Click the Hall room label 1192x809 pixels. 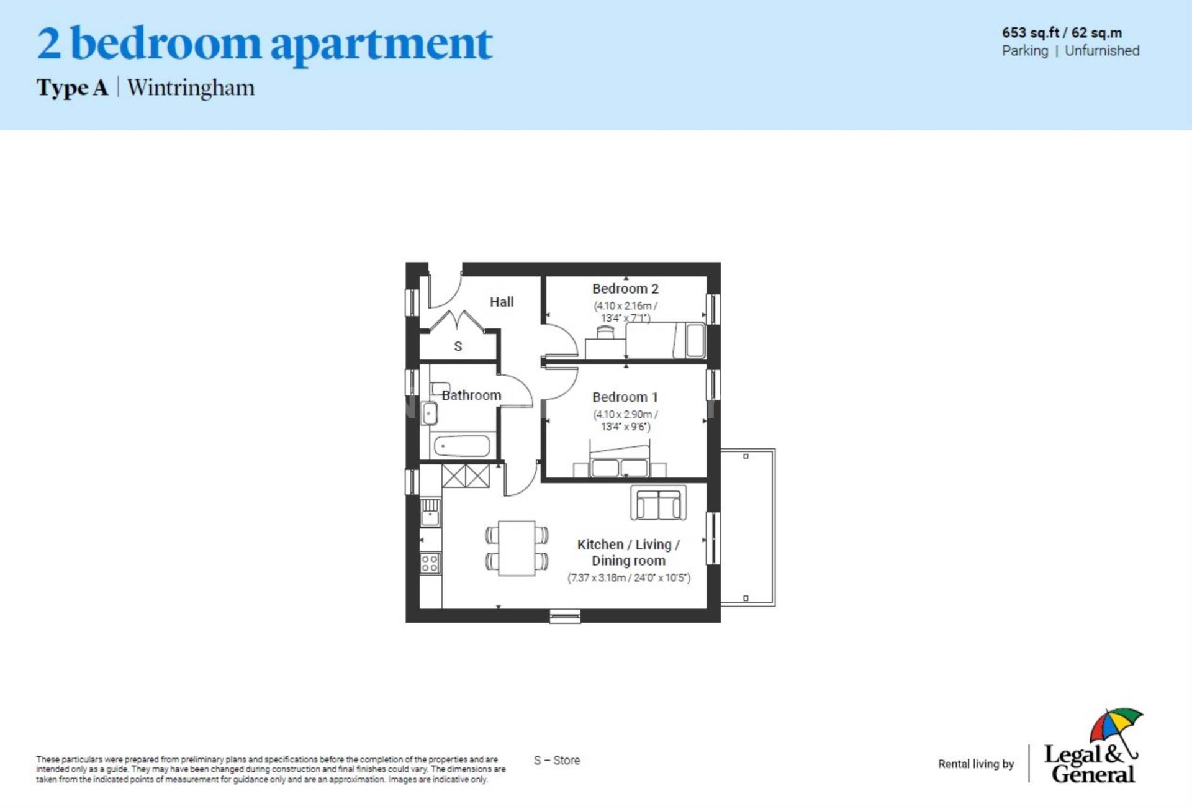click(x=501, y=302)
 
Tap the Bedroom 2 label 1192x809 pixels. click(x=625, y=289)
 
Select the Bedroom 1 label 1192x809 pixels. click(x=625, y=397)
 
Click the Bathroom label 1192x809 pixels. click(x=471, y=395)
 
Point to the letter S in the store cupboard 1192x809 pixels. click(x=458, y=346)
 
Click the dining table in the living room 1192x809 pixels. click(x=517, y=548)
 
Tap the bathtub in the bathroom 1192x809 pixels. click(x=463, y=446)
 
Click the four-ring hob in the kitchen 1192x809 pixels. click(x=430, y=563)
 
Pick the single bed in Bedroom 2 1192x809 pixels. click(x=664, y=340)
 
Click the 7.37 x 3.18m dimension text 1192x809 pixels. click(x=628, y=578)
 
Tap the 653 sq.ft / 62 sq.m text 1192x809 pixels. click(x=1062, y=33)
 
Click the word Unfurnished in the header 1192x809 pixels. click(x=1102, y=51)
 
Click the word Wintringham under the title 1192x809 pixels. click(x=191, y=88)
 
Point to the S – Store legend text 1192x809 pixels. click(x=557, y=761)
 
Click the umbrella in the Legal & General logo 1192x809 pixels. click(x=1116, y=725)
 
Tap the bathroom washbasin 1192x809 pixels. click(x=429, y=413)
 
